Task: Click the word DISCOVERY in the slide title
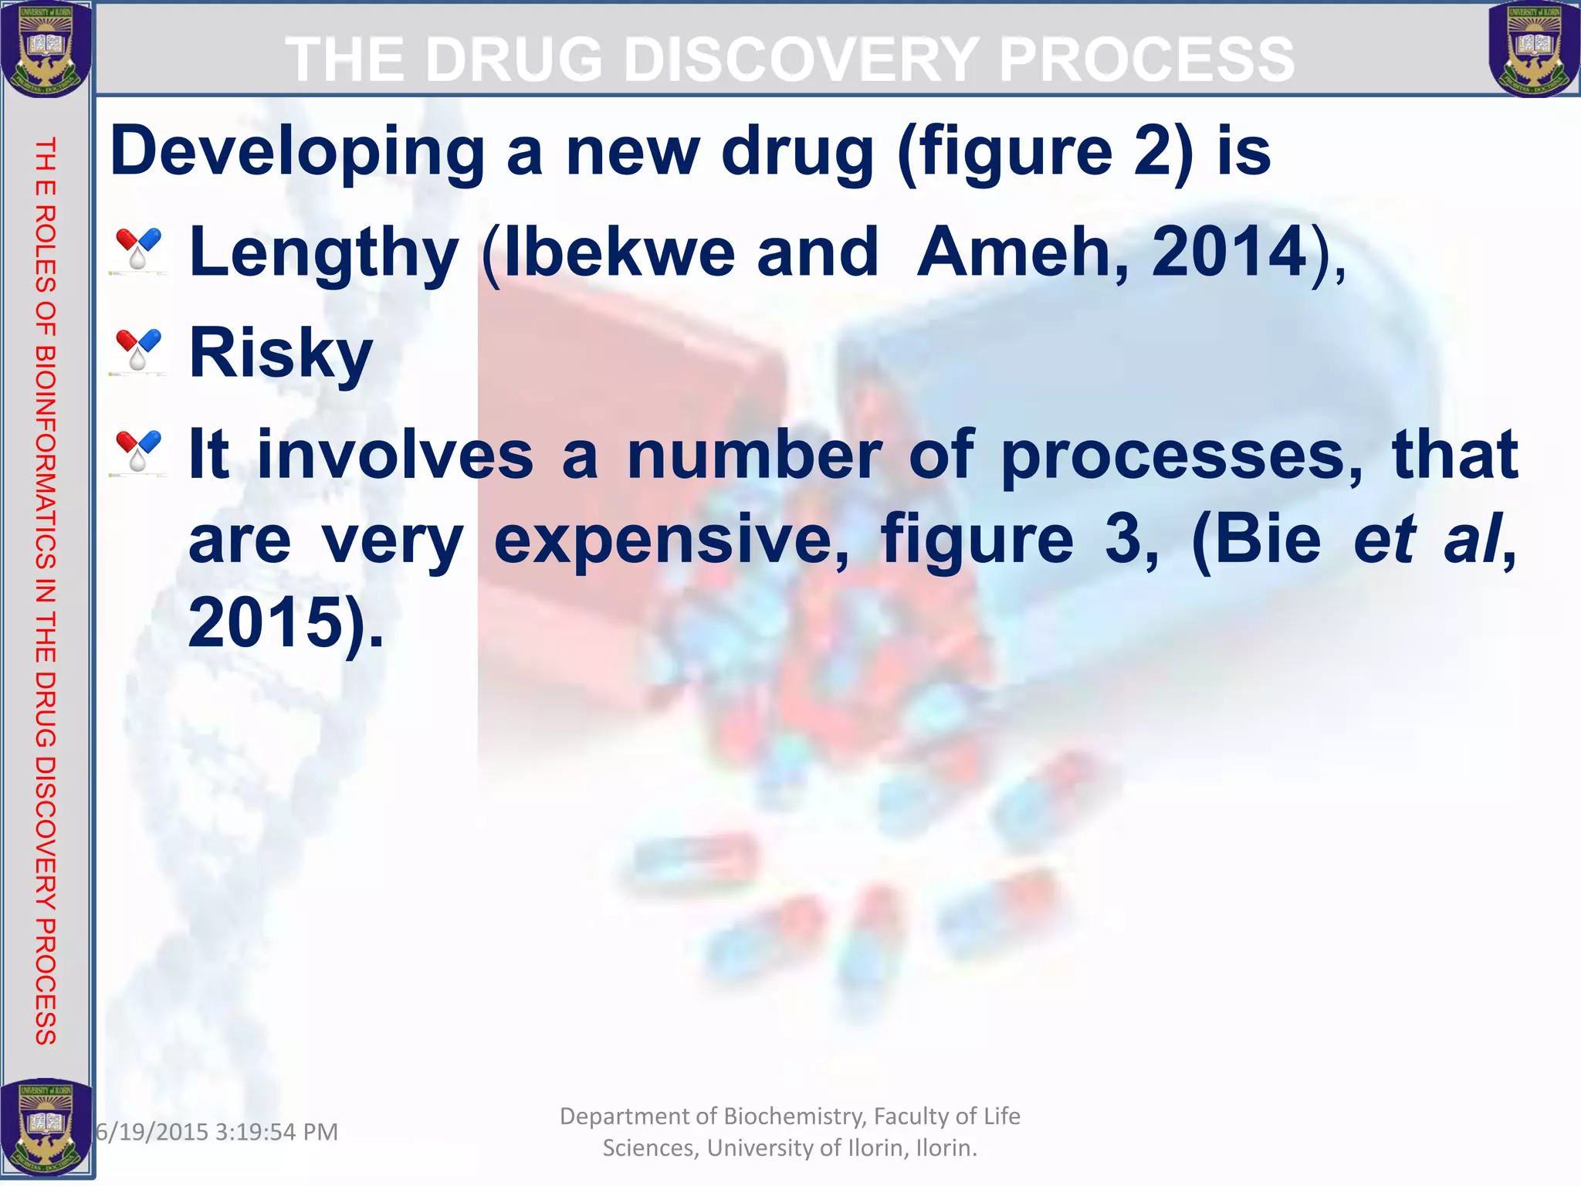click(x=802, y=59)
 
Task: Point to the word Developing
click(x=297, y=152)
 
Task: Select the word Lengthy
click(x=324, y=253)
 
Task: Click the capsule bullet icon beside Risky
click(x=138, y=351)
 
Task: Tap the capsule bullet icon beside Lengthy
click(x=138, y=249)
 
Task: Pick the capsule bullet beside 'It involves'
click(x=138, y=452)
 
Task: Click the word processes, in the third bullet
click(x=1181, y=456)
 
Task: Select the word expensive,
click(x=671, y=540)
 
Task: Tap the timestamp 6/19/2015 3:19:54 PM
click(x=217, y=1132)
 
